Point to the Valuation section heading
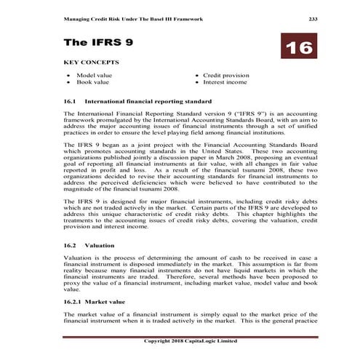[100, 246]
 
